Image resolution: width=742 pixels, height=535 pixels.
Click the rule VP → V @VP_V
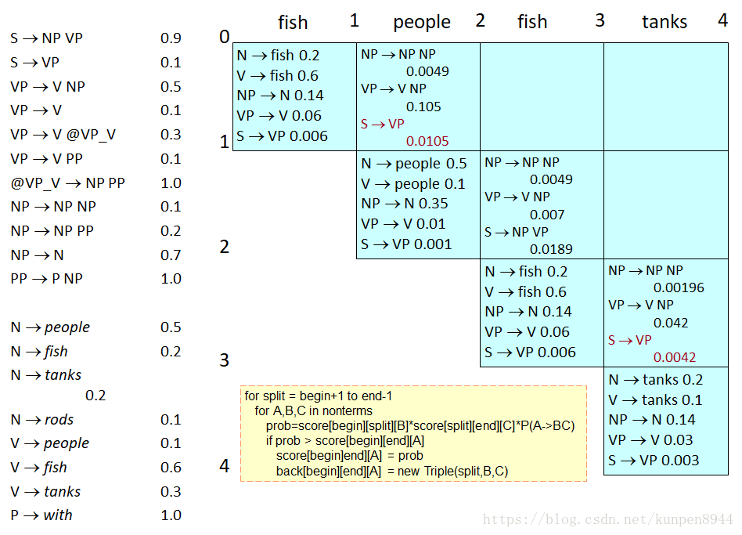point(63,135)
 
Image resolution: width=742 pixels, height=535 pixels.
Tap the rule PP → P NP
point(46,279)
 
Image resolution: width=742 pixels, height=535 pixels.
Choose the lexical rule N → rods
point(42,420)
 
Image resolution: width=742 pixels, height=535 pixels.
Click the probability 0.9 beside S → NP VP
point(171,38)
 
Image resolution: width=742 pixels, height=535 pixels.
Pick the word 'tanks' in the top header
point(665,23)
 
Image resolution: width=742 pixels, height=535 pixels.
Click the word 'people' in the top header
point(422,23)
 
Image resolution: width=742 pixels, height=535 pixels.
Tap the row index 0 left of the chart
point(225,37)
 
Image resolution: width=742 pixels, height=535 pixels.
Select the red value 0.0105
point(427,141)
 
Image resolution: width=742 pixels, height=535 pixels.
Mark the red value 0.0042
point(674,357)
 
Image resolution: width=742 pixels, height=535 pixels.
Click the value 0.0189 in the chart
point(551,249)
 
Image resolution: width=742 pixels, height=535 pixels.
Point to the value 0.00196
point(679,287)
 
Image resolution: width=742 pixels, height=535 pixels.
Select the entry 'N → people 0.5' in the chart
point(414,164)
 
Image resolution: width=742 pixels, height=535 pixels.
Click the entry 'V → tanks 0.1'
point(656,400)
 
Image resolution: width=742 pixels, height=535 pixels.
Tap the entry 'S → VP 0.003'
point(654,461)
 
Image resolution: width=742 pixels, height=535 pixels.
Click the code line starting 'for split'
point(318,396)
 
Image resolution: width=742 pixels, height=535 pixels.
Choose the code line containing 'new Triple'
point(392,471)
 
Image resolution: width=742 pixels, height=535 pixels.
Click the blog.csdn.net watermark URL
point(607,519)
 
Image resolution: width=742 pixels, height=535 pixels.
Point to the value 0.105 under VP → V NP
point(423,107)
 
